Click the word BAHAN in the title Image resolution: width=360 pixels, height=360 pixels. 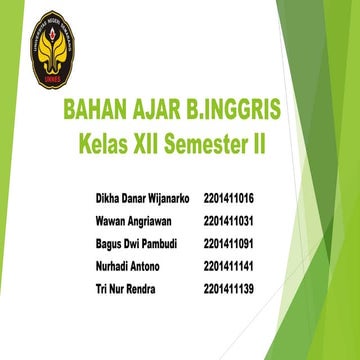pyautogui.click(x=93, y=109)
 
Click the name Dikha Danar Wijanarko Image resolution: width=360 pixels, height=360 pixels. pyautogui.click(x=141, y=198)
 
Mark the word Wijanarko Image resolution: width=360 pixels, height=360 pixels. pyautogui.click(x=167, y=198)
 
